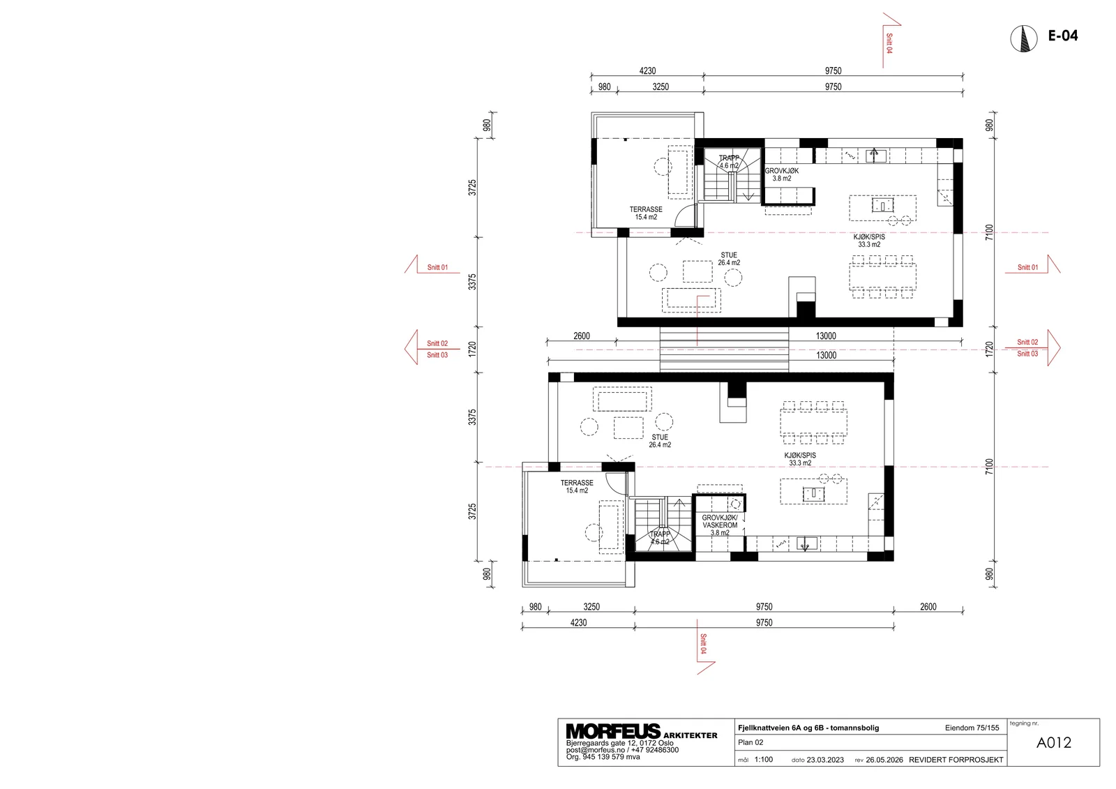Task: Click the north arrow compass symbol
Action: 1024,38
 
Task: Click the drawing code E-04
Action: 1063,36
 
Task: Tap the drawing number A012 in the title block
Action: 1053,743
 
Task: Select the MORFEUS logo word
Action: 613,731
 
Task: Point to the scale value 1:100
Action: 764,760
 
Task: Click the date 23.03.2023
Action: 825,760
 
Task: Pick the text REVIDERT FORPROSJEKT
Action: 956,760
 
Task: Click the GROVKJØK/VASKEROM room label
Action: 720,521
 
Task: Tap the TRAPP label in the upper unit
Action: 729,158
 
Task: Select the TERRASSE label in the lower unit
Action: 577,483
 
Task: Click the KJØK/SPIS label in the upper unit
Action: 869,236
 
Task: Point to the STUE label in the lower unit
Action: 660,437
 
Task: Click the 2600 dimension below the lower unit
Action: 928,607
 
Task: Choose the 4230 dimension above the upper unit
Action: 648,70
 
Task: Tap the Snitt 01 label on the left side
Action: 437,267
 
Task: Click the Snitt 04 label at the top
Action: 889,43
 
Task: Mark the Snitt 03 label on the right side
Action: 1027,354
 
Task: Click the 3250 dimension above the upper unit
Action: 661,87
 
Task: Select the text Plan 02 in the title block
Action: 751,742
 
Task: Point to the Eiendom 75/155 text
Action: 972,728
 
